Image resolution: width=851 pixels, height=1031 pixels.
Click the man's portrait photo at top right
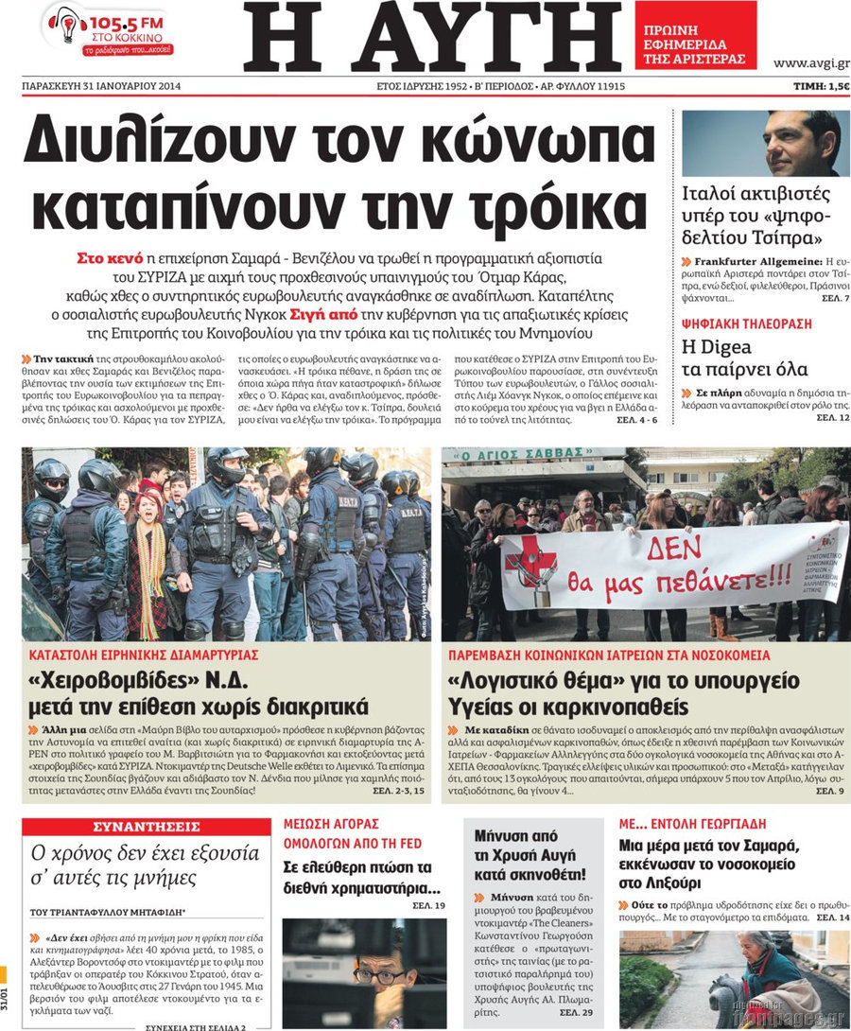click(x=765, y=144)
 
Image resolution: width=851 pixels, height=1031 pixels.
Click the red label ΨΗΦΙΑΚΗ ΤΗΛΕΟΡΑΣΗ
click(x=746, y=323)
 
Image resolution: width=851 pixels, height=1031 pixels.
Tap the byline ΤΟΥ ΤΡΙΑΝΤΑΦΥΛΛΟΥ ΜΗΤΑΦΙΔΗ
click(x=108, y=912)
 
